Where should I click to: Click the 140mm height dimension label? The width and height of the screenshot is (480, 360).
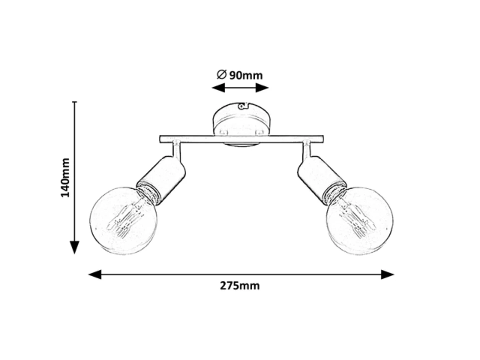(65, 177)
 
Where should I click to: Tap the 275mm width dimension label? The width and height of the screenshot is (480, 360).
(240, 286)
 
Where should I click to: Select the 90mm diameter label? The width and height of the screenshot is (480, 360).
(246, 75)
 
